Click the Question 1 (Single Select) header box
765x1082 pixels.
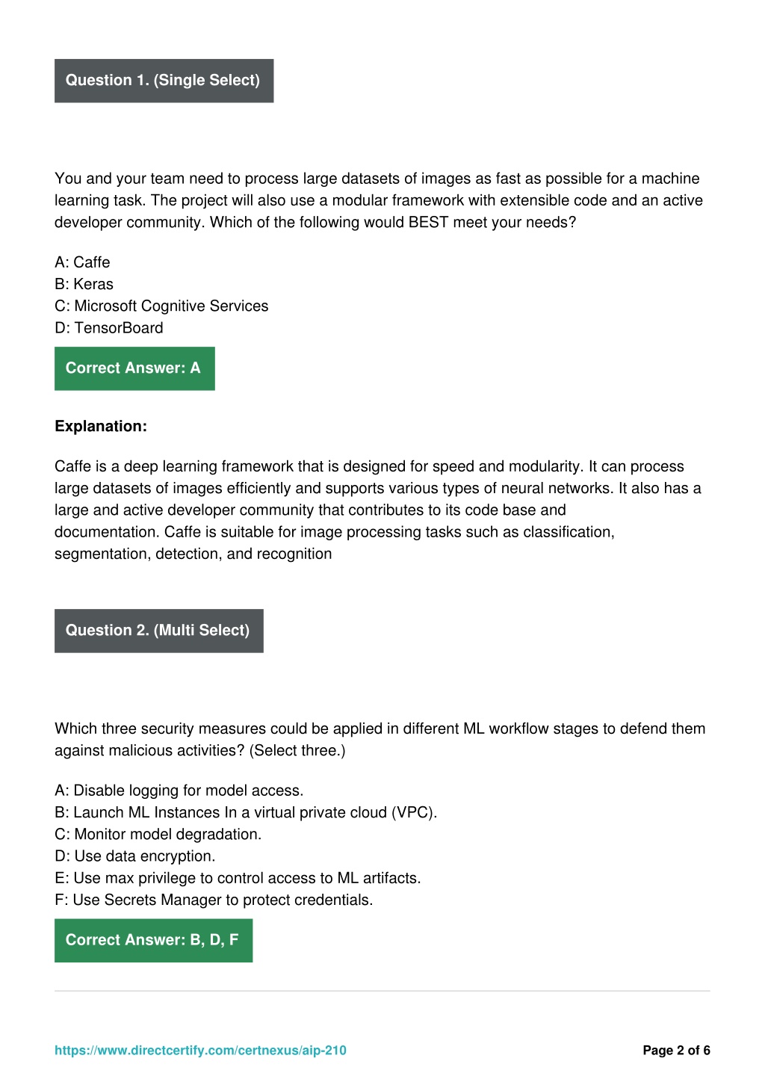164,81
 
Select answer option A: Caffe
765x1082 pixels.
82,262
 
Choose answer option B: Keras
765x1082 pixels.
84,284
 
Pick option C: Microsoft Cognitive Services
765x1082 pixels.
161,306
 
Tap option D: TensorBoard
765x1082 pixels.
109,327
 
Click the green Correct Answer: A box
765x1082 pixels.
134,368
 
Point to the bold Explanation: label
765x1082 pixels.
101,426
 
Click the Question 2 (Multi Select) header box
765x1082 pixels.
158,631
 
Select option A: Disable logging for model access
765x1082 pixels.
179,791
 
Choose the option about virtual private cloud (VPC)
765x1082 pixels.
246,812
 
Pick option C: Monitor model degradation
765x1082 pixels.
158,834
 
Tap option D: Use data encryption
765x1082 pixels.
135,856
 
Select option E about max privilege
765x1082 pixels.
238,878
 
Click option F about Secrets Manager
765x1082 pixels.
214,900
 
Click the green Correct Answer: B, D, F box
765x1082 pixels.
153,940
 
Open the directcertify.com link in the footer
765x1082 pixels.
200,1050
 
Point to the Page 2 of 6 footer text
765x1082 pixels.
676,1050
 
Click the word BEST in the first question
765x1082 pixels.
428,222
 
